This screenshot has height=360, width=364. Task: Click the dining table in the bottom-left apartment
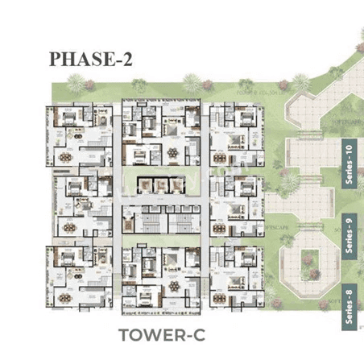pos(64,295)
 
